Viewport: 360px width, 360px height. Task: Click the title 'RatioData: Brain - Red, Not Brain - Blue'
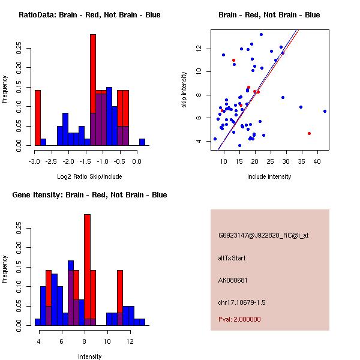89,14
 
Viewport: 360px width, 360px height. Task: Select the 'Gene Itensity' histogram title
89,194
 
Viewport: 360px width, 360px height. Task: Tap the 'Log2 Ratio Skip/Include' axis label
89,176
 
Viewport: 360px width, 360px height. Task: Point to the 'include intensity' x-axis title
269,176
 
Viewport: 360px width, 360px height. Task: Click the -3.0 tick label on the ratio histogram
34,161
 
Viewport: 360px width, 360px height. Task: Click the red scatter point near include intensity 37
309,133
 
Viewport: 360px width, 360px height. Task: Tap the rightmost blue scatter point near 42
325,111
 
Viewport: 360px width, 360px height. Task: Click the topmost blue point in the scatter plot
261,34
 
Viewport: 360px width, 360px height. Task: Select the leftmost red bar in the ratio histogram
38,118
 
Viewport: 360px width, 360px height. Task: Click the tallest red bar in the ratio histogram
93,90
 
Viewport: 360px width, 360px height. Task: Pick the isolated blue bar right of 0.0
142,142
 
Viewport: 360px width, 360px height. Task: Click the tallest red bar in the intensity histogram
87,269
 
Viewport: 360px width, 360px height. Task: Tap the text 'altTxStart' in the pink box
232,258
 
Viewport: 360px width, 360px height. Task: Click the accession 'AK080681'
233,280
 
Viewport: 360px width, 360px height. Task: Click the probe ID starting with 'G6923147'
263,236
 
